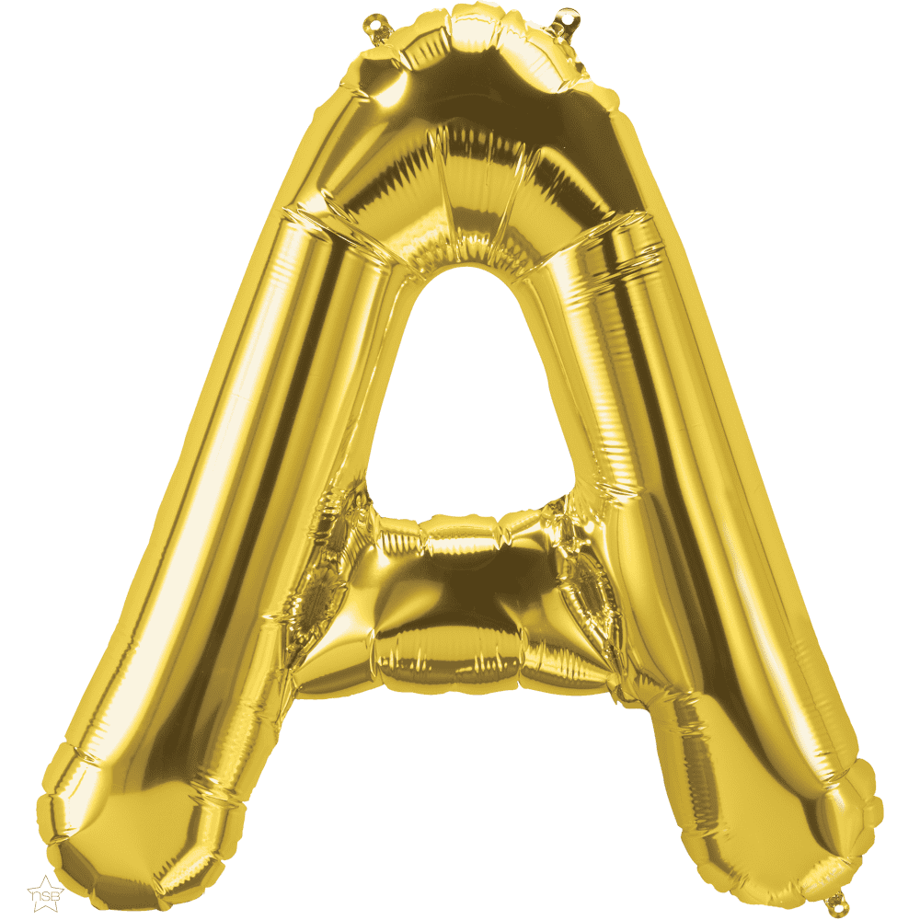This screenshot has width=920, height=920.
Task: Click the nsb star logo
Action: tap(45, 893)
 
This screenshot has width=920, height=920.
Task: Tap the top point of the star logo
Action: tap(46, 876)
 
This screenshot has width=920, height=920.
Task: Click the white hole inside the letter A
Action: tap(469, 399)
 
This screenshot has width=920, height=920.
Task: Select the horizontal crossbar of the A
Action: tap(469, 604)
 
